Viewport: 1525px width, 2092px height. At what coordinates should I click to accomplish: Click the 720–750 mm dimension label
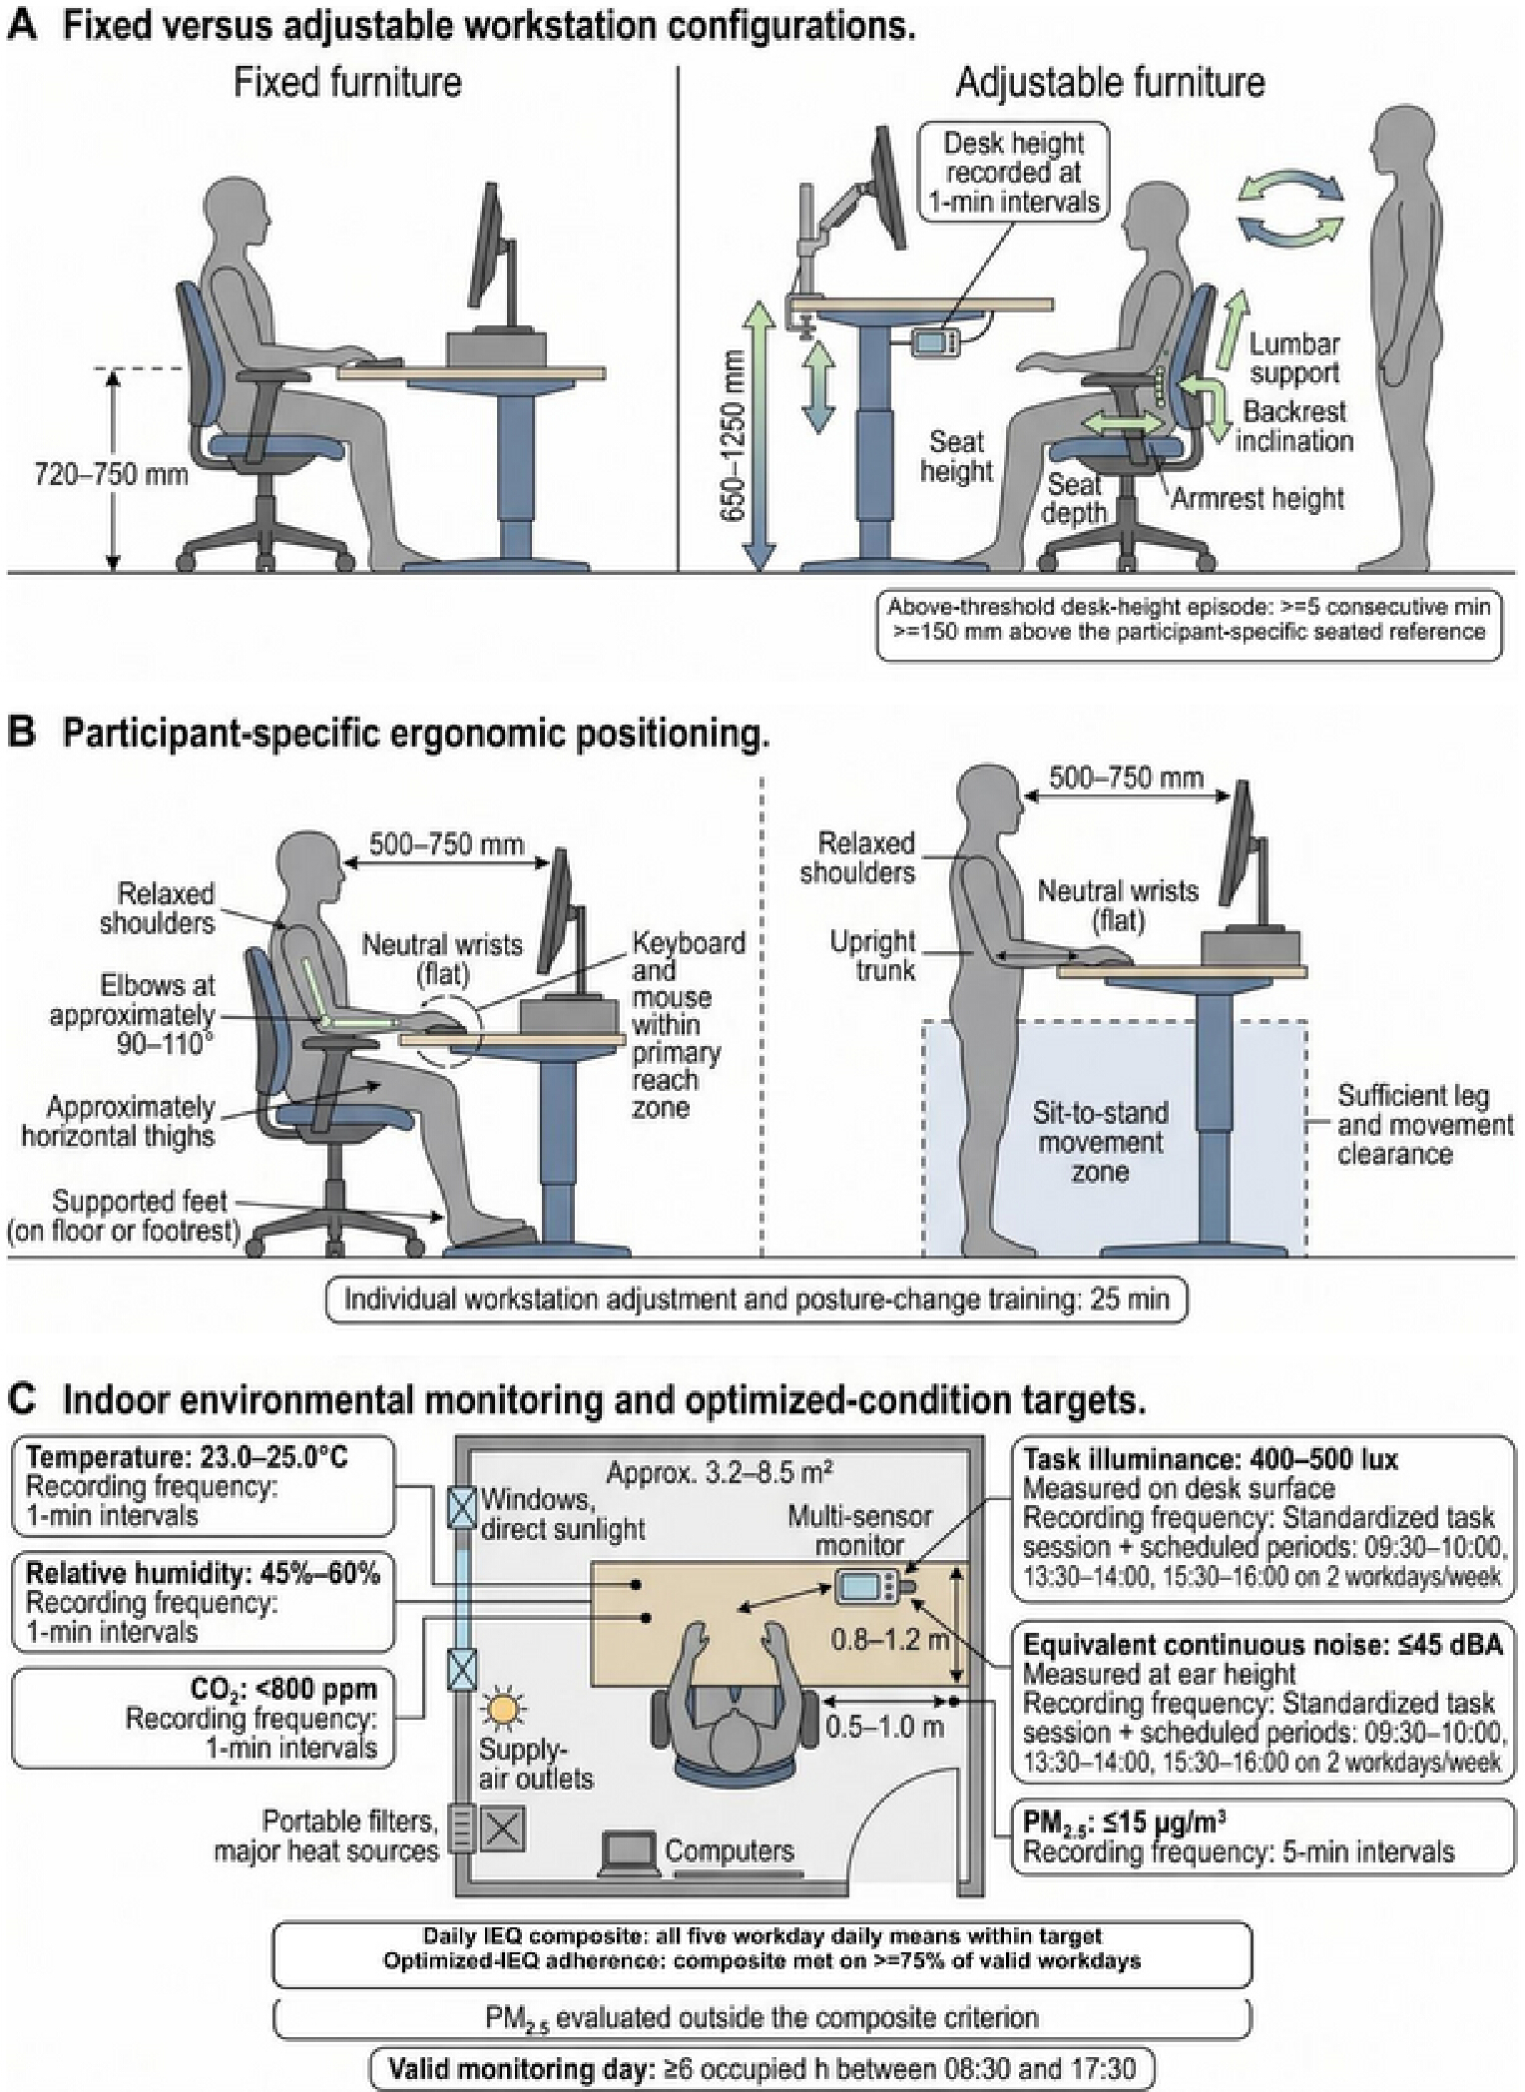click(112, 472)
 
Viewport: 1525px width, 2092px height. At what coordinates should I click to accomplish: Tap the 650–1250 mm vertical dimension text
click(734, 435)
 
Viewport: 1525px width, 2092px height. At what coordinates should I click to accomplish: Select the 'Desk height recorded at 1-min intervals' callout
click(1013, 172)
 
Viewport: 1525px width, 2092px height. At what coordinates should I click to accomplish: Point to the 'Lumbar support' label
click(1294, 358)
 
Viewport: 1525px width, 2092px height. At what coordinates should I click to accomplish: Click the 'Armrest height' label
click(1257, 497)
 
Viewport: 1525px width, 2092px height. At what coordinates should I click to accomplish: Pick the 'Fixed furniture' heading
click(347, 82)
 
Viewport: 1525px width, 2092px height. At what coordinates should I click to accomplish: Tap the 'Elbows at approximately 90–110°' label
click(133, 1015)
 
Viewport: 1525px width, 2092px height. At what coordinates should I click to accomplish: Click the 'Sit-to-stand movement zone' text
click(1100, 1142)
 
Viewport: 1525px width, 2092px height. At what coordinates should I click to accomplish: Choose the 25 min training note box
click(757, 1300)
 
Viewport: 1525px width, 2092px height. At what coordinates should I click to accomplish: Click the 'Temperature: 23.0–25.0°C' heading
click(188, 1457)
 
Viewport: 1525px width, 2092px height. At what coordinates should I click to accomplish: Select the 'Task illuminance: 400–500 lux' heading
click(1211, 1459)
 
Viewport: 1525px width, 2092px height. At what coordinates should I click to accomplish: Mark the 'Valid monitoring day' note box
click(762, 2068)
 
